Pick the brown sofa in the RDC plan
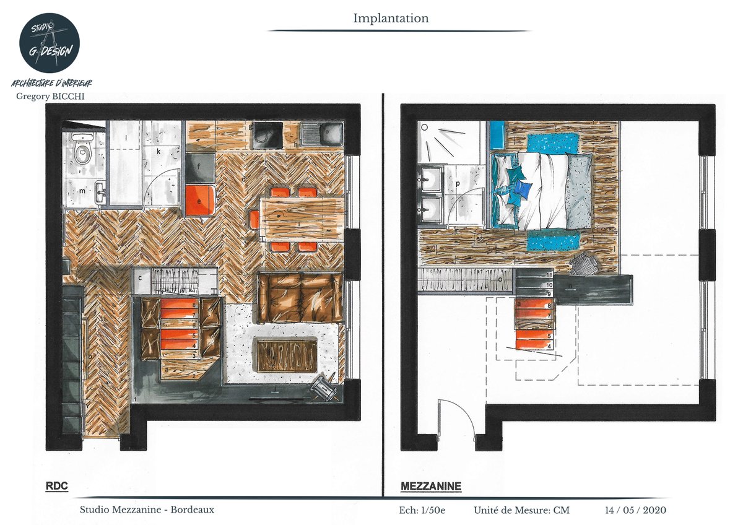pyautogui.click(x=300, y=297)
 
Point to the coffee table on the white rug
pyautogui.click(x=286, y=356)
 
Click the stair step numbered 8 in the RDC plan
pyautogui.click(x=179, y=304)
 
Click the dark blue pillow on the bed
pyautogui.click(x=524, y=188)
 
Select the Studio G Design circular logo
pyautogui.click(x=49, y=43)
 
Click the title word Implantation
pyautogui.click(x=391, y=19)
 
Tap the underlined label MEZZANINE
pyautogui.click(x=430, y=487)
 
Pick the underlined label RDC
pyautogui.click(x=56, y=487)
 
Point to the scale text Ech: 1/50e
pyautogui.click(x=423, y=511)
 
